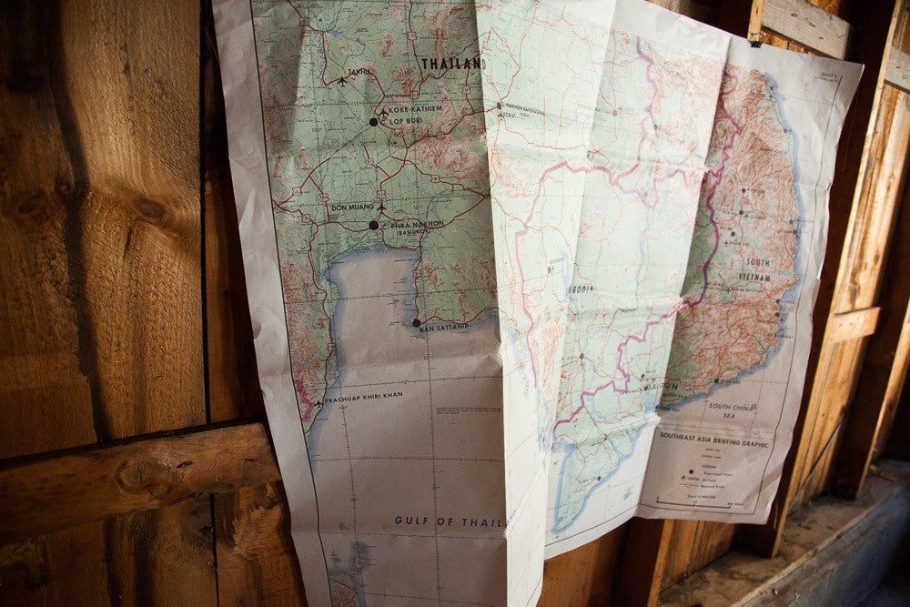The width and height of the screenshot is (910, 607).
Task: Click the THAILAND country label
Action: [451, 64]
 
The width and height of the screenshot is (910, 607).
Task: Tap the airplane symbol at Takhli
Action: [342, 80]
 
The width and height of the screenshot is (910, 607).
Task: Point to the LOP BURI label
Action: [409, 121]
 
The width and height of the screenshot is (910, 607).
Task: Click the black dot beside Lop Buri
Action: [373, 121]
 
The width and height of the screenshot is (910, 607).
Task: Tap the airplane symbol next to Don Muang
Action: [381, 209]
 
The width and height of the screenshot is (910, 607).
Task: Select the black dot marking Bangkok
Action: [373, 225]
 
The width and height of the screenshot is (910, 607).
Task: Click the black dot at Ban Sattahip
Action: [417, 322]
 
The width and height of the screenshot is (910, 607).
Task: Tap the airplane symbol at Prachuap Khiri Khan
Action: [318, 401]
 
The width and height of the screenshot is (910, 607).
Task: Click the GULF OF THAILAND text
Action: [437, 521]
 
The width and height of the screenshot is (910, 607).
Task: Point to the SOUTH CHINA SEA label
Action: [733, 410]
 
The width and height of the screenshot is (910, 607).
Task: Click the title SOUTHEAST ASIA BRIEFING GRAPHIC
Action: [715, 443]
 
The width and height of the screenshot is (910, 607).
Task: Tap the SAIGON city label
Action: [663, 385]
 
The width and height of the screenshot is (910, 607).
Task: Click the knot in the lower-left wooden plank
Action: [136, 473]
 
